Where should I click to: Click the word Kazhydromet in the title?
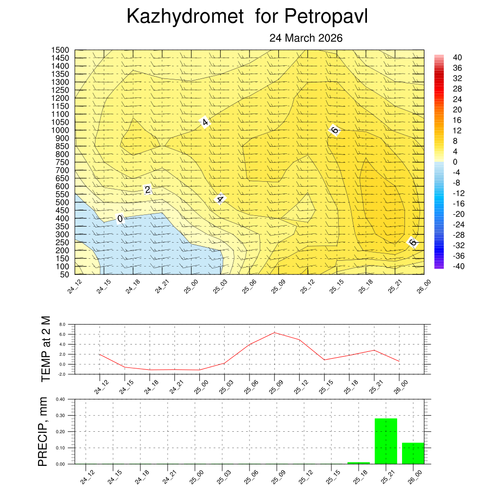pos(185,17)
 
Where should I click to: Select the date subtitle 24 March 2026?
pos(306,38)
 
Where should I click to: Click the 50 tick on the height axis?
pos(64,274)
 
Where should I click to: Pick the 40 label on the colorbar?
pos(458,58)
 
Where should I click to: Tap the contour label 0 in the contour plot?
pos(120,219)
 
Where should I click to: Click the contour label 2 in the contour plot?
pos(148,190)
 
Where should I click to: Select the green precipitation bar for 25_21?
pos(385,441)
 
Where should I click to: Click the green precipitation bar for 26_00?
pos(413,453)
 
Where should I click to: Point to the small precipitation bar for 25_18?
pos(358,462)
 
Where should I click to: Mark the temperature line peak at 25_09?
pos(275,333)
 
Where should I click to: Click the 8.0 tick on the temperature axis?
pos(62,324)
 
